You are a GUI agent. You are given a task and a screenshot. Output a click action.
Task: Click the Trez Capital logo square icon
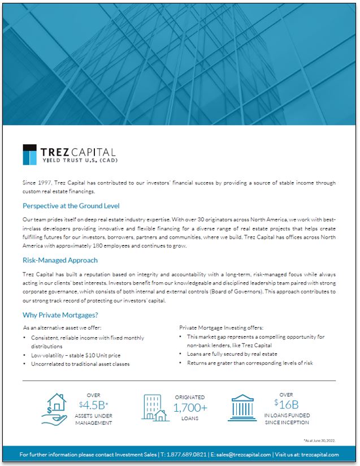[x=30, y=154]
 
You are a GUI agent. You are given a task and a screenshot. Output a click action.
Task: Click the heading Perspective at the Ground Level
[x=71, y=206]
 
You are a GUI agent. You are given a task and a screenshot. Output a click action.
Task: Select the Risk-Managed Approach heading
[x=60, y=260]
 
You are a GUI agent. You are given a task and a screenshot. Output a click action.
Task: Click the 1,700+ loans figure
[x=189, y=408]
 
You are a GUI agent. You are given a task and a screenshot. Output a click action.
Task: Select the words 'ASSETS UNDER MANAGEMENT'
[x=94, y=419]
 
